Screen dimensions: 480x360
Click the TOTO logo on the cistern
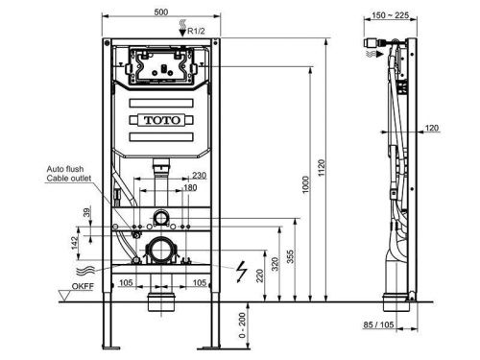[x=162, y=120]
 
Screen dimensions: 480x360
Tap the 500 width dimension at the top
[x=161, y=12]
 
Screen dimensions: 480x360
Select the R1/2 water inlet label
[x=196, y=31]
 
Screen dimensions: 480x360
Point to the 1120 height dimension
[x=322, y=167]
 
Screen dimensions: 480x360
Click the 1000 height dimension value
[x=306, y=184]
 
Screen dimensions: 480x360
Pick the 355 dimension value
[x=290, y=256]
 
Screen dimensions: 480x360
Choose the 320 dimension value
[x=275, y=264]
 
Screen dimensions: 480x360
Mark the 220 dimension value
[x=260, y=276]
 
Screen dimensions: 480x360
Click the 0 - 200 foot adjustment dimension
[x=242, y=325]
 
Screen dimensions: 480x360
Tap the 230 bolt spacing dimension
[x=199, y=175]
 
